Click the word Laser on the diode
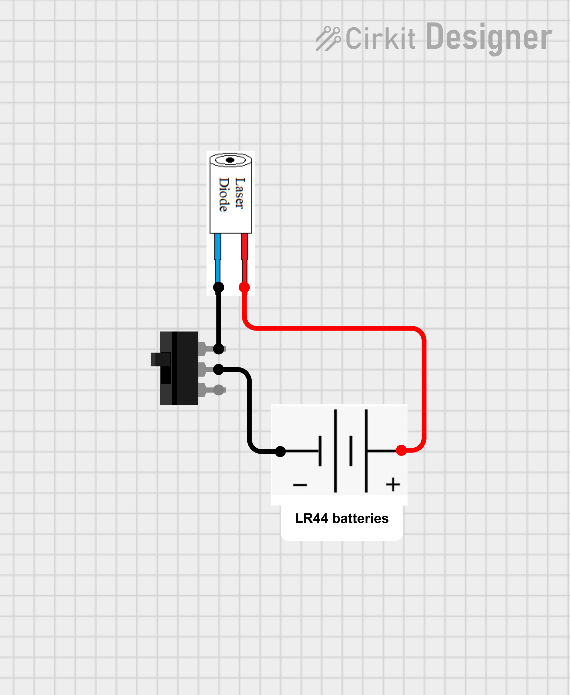click(240, 193)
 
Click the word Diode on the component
click(224, 194)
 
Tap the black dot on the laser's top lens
click(230, 160)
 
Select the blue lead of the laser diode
click(217, 257)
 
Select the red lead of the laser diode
click(244, 257)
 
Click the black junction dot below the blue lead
click(218, 287)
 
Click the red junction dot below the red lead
click(244, 287)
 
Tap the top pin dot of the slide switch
click(218, 349)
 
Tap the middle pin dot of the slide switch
click(218, 369)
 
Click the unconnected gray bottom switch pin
click(218, 390)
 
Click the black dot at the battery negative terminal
click(280, 452)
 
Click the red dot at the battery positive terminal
click(401, 450)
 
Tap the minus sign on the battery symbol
click(300, 485)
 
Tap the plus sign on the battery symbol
click(393, 484)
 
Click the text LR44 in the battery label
click(311, 519)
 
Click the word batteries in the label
click(360, 519)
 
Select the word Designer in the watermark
click(488, 38)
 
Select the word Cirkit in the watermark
click(380, 39)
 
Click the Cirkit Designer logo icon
click(328, 39)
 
